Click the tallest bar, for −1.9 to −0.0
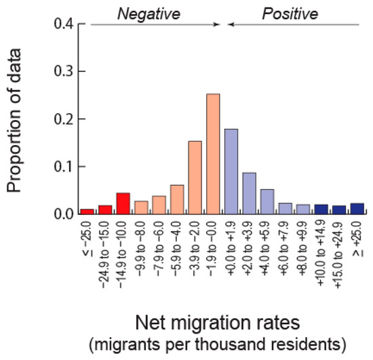point(213,154)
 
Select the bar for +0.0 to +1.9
point(231,172)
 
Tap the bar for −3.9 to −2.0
point(195,178)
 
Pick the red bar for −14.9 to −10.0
point(123,203)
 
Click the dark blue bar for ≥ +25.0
point(357,209)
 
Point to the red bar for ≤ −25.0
point(87,212)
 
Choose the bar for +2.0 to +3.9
point(250,193)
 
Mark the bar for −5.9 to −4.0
point(177,199)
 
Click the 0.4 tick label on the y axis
point(64,24)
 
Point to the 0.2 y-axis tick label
point(64,119)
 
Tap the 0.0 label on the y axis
point(64,214)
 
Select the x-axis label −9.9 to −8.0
point(140,249)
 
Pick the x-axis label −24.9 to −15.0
point(104,255)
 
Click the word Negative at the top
point(149,14)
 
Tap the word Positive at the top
point(290,14)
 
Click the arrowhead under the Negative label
point(216,24)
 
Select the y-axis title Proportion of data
point(14,120)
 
